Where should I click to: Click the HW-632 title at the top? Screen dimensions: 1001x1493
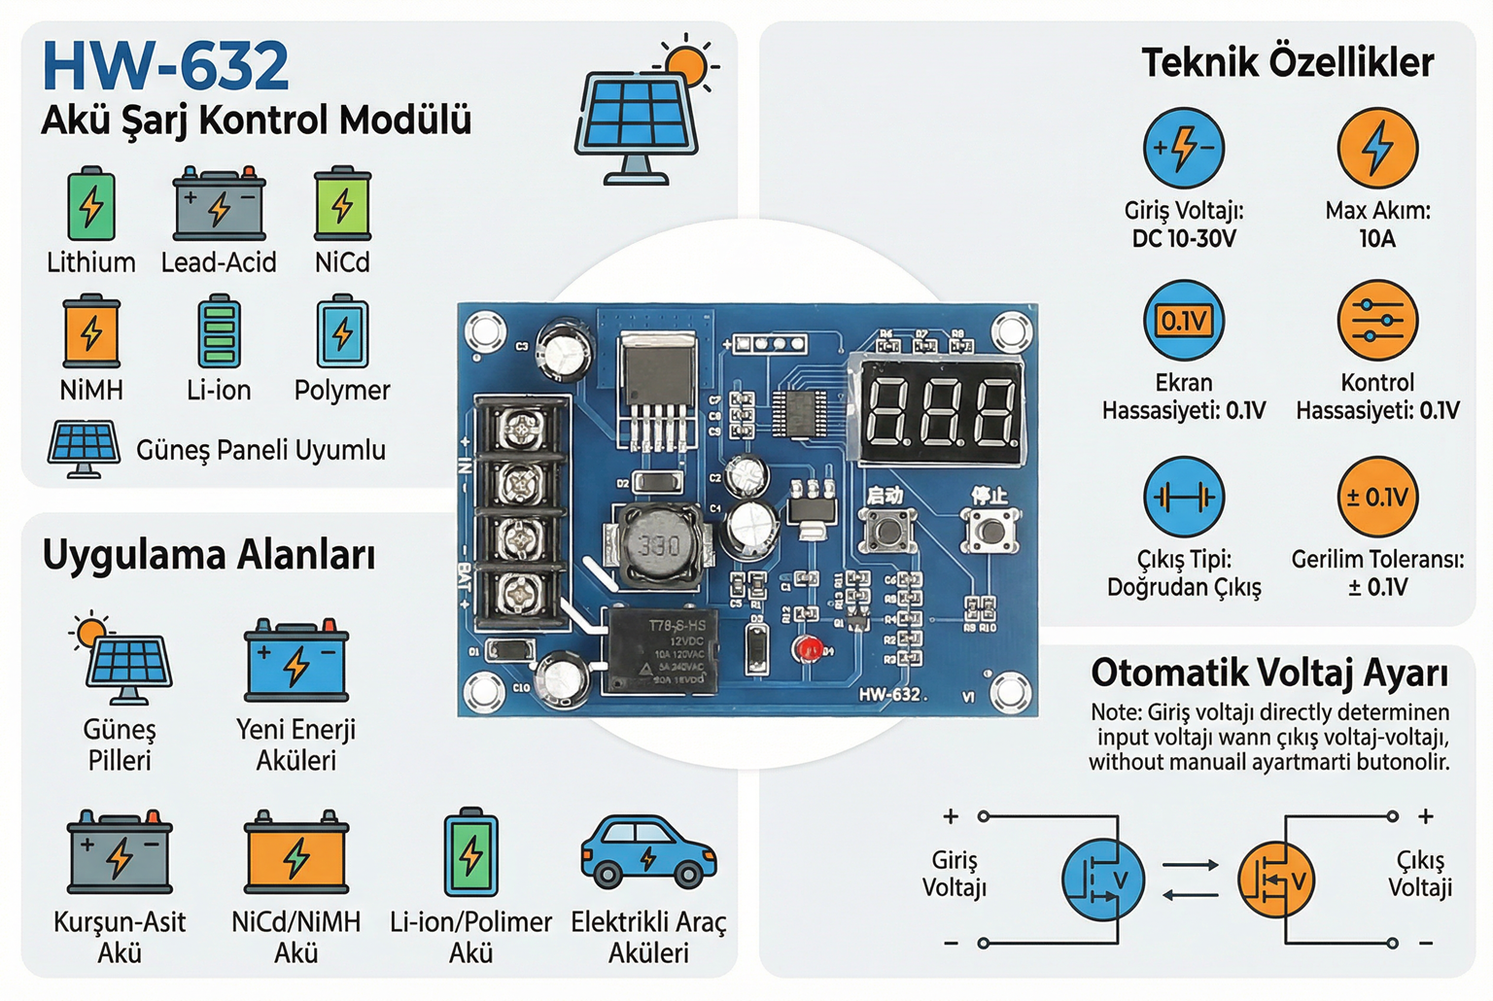click(165, 66)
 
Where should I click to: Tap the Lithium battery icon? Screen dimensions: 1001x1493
click(91, 205)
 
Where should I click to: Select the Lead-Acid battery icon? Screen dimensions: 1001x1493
click(219, 205)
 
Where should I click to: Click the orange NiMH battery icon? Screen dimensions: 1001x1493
click(91, 331)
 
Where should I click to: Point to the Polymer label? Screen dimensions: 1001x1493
click(342, 390)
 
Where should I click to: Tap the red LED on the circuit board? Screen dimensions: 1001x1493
click(806, 648)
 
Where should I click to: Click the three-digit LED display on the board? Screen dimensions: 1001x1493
click(939, 409)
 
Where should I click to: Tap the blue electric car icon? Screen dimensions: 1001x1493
click(648, 851)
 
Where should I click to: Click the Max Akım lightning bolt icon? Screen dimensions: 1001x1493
click(1377, 148)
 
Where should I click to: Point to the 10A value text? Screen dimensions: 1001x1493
click(1377, 239)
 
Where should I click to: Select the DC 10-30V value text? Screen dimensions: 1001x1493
click(1184, 239)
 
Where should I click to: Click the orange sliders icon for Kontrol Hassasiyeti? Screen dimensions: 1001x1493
click(1377, 321)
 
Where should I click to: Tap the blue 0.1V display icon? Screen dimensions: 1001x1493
click(1184, 321)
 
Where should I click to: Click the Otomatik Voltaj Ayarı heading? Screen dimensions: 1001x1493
click(1269, 673)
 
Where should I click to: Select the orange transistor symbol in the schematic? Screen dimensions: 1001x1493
click(1274, 880)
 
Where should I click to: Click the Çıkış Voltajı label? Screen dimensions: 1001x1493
click(1420, 874)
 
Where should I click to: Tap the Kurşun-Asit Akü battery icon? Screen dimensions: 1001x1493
click(120, 853)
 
